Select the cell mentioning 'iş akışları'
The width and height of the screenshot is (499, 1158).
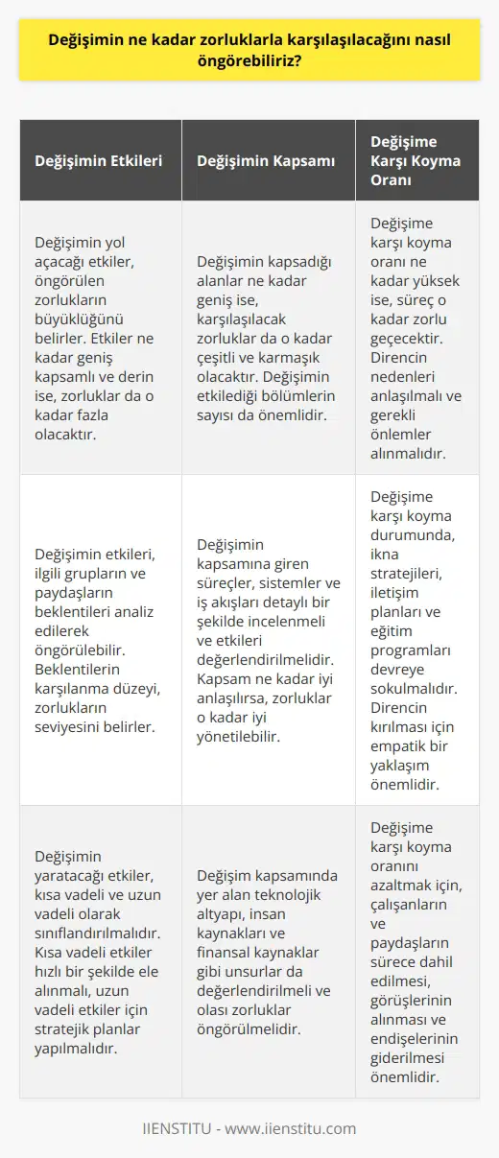(x=266, y=639)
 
